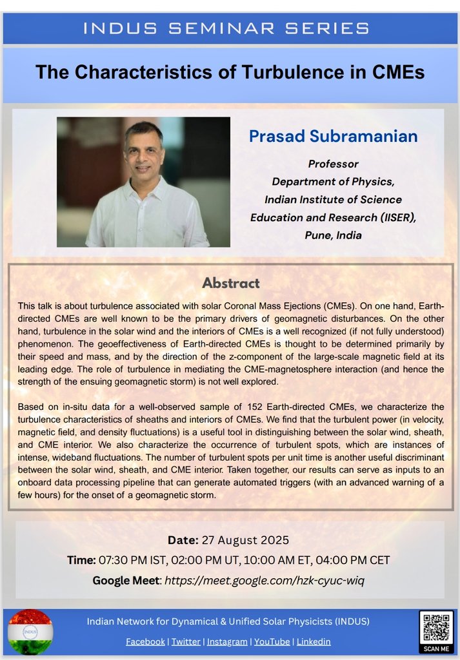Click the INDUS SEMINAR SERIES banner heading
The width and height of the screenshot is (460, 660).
tap(230, 28)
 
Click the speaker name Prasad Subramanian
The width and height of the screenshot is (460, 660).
tap(333, 137)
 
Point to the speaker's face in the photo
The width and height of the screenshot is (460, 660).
tap(143, 153)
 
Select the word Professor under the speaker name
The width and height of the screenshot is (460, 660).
tap(333, 164)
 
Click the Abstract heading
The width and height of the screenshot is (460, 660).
tap(230, 282)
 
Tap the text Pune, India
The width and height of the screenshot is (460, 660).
tap(333, 235)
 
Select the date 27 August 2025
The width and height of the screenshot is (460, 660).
tap(246, 540)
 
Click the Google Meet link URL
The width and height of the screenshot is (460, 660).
tap(265, 580)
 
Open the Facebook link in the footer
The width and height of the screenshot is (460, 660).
tap(145, 641)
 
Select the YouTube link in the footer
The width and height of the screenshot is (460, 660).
tap(272, 641)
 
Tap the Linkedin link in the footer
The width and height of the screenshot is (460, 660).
tap(314, 641)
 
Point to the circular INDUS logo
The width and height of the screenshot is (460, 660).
tap(30, 631)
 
